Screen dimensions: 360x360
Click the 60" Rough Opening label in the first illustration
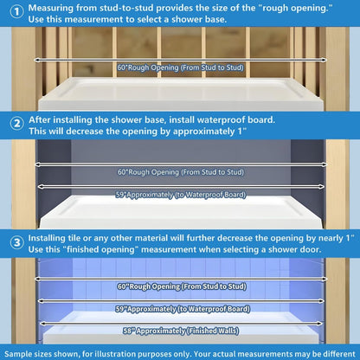[x=179, y=66]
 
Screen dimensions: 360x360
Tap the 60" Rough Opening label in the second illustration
[x=179, y=171]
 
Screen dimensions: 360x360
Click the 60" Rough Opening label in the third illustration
[x=179, y=286]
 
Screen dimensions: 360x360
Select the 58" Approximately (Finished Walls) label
[x=179, y=330]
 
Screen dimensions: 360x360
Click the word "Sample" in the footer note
[x=22, y=353]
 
